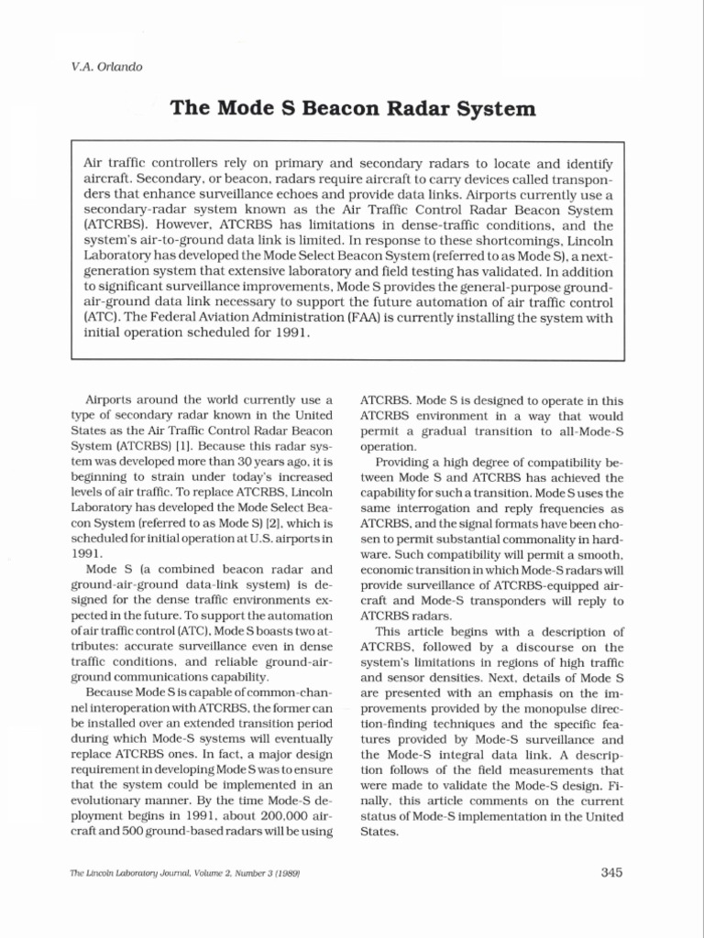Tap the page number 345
coord(611,871)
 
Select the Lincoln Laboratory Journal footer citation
coord(186,873)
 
